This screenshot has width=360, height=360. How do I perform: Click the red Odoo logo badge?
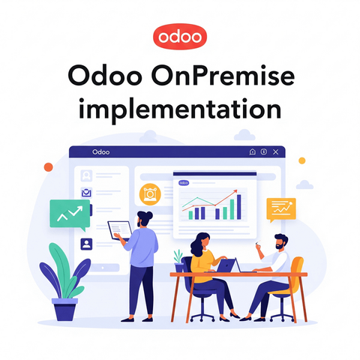(x=180, y=37)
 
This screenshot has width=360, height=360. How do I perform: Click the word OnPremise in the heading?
(x=223, y=76)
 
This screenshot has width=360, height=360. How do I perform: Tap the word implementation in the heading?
(x=180, y=110)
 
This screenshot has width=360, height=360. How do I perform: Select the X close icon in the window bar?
(x=275, y=151)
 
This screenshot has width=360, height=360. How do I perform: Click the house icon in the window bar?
(x=253, y=151)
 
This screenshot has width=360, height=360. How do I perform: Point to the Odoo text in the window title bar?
(x=100, y=152)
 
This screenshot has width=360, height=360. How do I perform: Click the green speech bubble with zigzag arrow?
(x=70, y=214)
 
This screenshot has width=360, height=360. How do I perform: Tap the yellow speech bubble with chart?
(x=281, y=210)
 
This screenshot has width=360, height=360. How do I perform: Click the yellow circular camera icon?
(x=150, y=194)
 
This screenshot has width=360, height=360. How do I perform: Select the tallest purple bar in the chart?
(x=239, y=207)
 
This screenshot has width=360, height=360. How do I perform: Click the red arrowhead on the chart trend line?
(x=235, y=192)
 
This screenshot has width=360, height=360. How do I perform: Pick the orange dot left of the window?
(x=49, y=167)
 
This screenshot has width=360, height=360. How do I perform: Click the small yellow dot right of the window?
(x=302, y=160)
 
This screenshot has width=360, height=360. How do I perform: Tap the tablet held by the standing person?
(x=120, y=230)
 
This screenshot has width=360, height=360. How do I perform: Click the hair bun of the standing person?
(x=149, y=215)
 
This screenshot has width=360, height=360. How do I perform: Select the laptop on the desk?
(x=227, y=265)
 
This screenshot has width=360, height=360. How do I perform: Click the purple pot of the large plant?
(x=64, y=309)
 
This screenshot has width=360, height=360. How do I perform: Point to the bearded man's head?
(x=281, y=241)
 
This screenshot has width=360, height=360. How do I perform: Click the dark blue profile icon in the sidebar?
(x=86, y=244)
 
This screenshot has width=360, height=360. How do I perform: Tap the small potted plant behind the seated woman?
(x=178, y=261)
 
